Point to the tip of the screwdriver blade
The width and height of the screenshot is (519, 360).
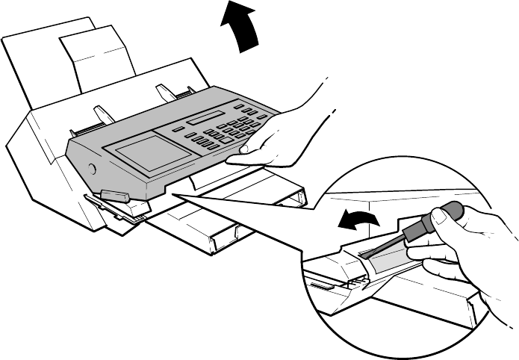pos(365,255)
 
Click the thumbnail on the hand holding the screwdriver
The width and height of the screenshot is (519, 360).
pos(443,217)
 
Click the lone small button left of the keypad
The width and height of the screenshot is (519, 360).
pos(177,130)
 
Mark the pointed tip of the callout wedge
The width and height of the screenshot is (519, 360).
pos(173,196)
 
